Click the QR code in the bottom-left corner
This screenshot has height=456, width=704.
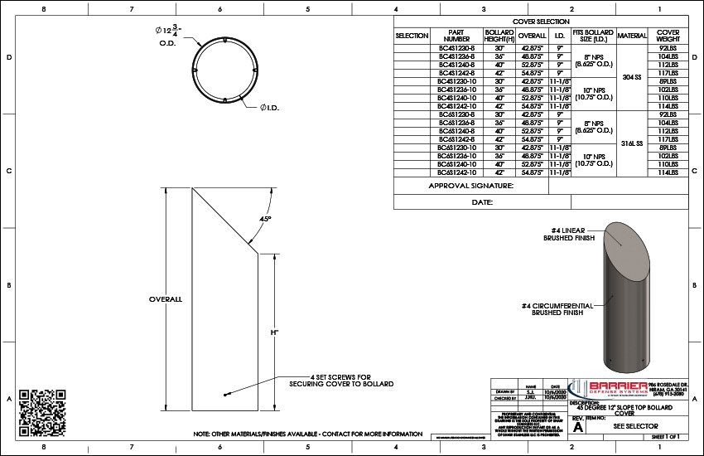click(x=41, y=408)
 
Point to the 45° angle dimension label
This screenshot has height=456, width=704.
click(x=266, y=219)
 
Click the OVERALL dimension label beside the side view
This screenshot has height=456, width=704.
click(x=165, y=298)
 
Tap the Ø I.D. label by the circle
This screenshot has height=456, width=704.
click(x=270, y=107)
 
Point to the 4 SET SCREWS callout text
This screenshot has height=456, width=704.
click(x=340, y=381)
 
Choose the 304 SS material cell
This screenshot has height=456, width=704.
click(x=632, y=77)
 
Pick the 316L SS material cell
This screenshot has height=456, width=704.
click(x=632, y=143)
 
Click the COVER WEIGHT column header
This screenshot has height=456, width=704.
click(x=668, y=36)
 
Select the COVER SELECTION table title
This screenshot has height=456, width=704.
click(x=541, y=22)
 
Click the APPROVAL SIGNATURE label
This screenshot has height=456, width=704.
click(x=470, y=187)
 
